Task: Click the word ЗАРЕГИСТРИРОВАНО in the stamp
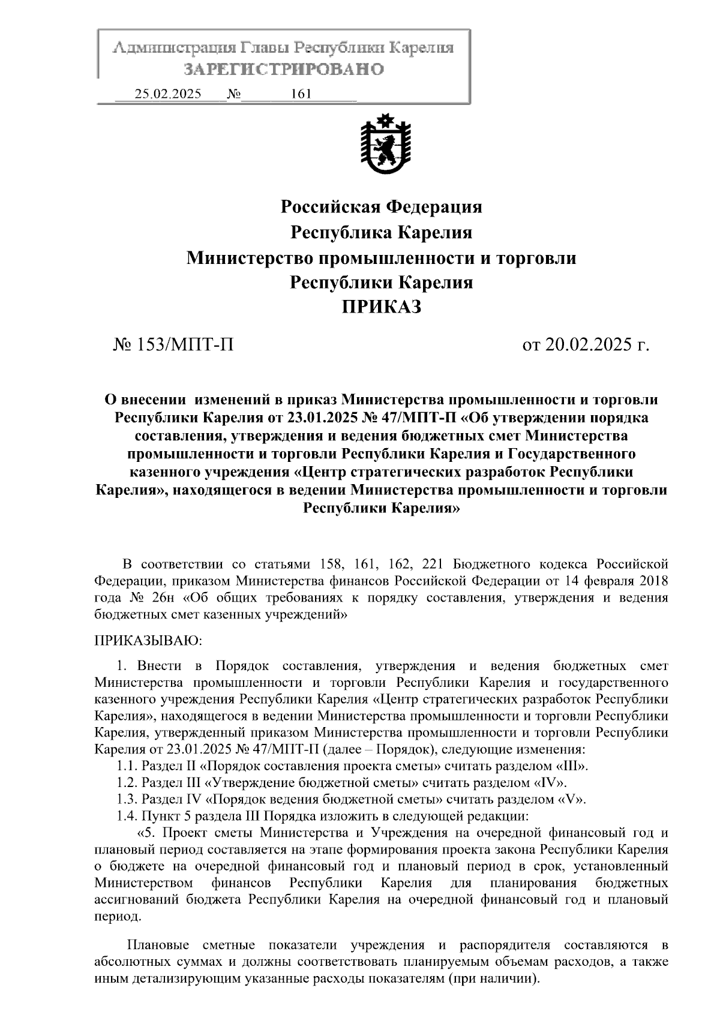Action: coord(283,70)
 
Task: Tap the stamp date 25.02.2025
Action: coord(168,94)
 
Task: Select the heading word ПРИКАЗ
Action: coord(382,307)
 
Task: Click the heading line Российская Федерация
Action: coord(382,207)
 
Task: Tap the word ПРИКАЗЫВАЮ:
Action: coord(149,641)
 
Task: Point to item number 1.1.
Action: coord(127,766)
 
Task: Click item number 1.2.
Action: coord(127,783)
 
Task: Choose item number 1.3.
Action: coord(127,800)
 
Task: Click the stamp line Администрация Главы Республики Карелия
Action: coord(283,48)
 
